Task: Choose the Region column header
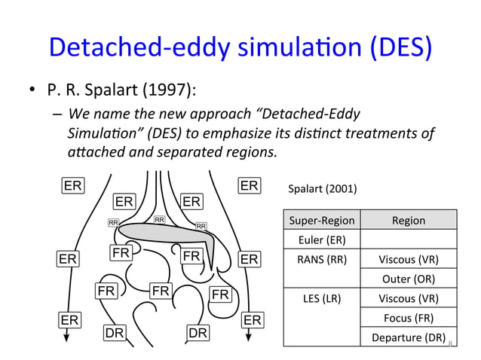point(408,221)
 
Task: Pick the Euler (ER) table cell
point(322,240)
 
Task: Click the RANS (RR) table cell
point(322,261)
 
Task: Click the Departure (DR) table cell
point(408,337)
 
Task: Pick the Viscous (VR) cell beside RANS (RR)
point(408,261)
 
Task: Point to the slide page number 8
point(450,344)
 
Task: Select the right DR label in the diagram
point(198,331)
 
